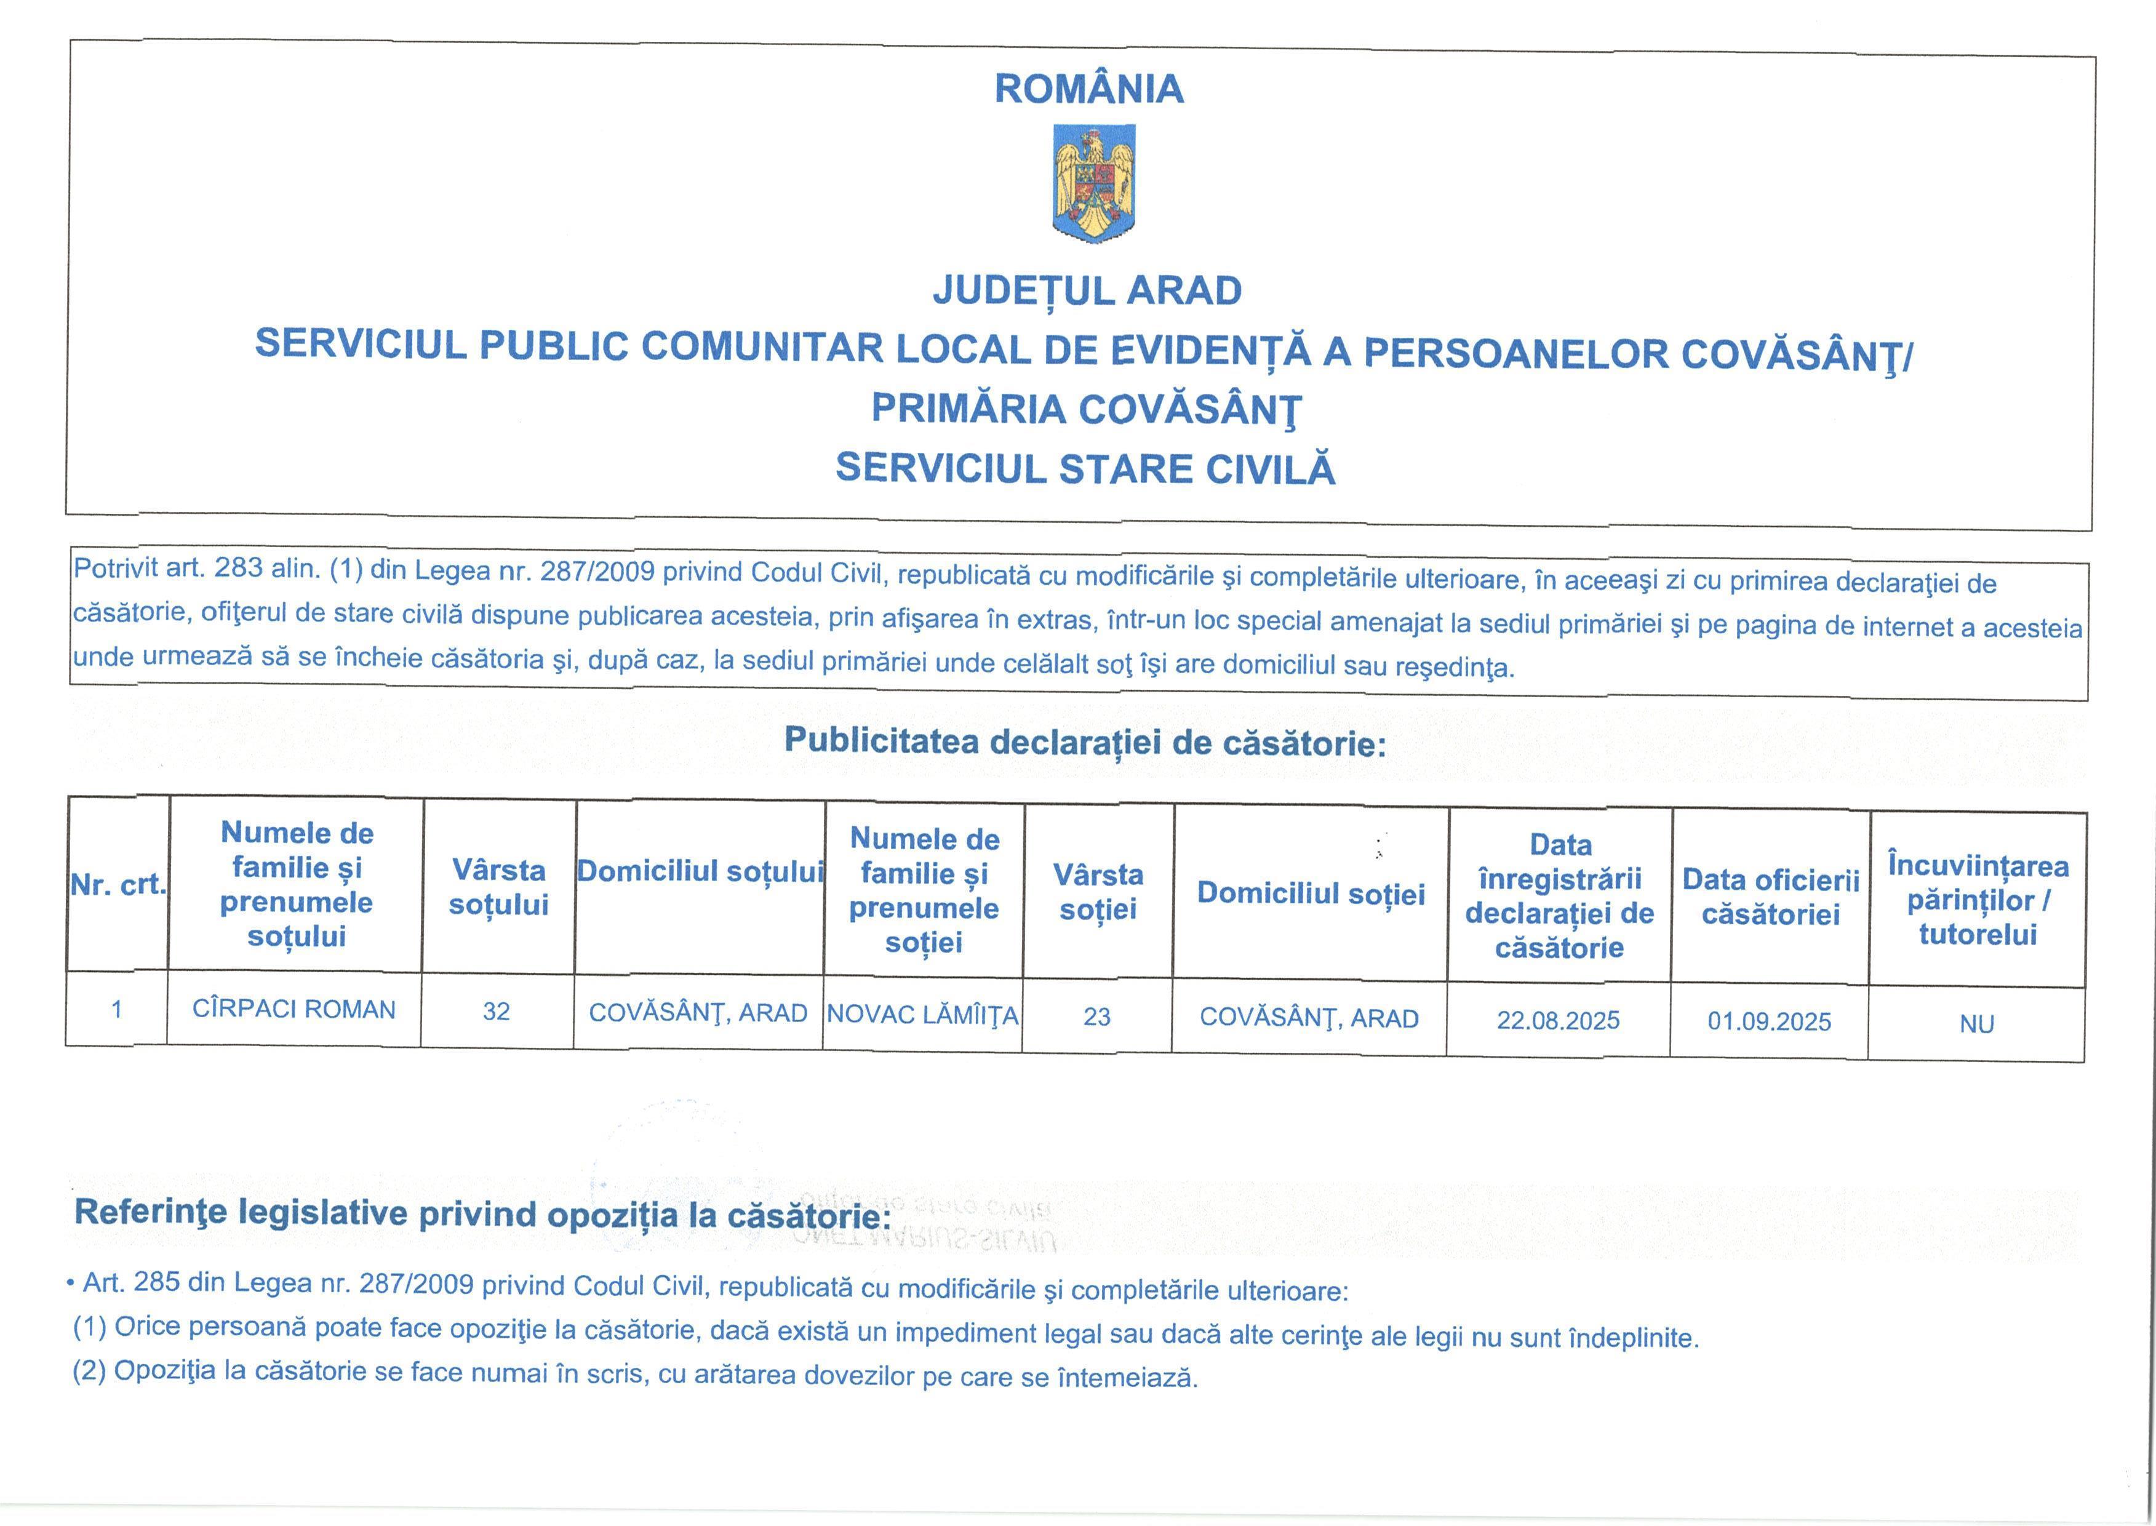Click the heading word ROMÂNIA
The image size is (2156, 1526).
click(x=1089, y=89)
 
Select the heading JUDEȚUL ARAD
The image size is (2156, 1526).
click(x=1087, y=290)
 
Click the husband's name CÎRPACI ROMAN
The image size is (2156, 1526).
click(x=294, y=1009)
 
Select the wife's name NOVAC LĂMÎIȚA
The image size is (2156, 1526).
click(x=922, y=1015)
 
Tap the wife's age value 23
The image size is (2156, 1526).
click(x=1096, y=1017)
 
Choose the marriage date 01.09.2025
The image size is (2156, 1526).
click(x=1769, y=1021)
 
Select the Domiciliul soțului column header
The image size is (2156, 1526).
click(x=700, y=872)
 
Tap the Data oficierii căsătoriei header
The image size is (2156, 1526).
click(x=1770, y=897)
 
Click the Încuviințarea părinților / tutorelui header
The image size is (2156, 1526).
click(x=1978, y=900)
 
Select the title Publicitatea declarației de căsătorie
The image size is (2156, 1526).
click(x=1085, y=742)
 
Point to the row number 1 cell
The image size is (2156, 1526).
click(x=116, y=1009)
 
